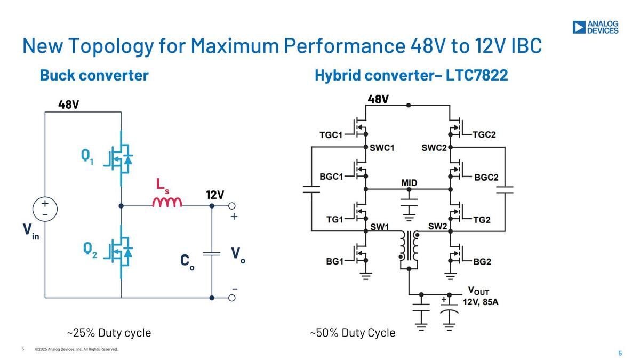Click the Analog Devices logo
(x=595, y=27)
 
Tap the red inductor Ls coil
(x=167, y=202)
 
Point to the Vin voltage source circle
(x=45, y=209)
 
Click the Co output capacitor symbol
(x=212, y=254)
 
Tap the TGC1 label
(x=331, y=135)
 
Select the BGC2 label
(x=486, y=178)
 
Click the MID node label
(x=409, y=182)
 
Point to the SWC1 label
(x=382, y=148)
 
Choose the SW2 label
(x=437, y=226)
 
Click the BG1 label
(x=334, y=261)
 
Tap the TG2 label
(x=482, y=220)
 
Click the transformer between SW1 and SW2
(x=409, y=249)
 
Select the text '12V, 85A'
(x=481, y=302)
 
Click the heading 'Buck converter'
(x=94, y=75)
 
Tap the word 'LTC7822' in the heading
(x=477, y=75)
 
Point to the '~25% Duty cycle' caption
(x=109, y=333)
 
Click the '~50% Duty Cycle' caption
(x=353, y=333)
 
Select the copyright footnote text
(x=76, y=349)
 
